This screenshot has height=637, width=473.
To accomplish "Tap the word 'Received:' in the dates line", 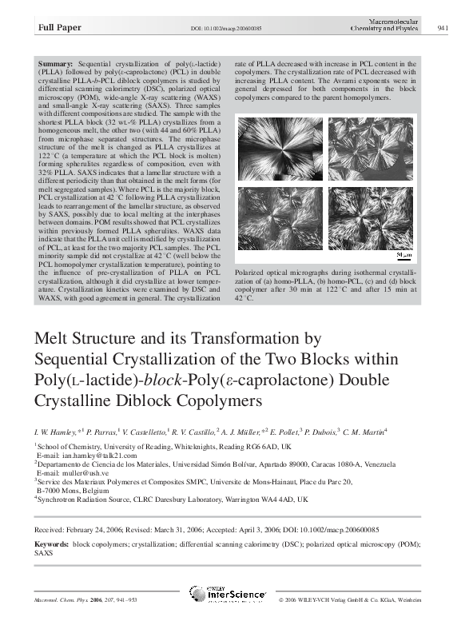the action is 52,530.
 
